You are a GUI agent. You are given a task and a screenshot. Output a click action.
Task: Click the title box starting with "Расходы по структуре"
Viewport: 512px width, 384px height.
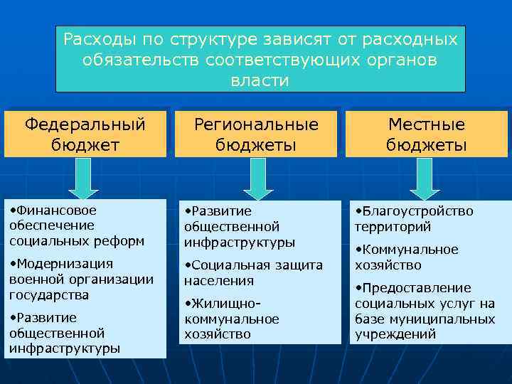[x=260, y=59]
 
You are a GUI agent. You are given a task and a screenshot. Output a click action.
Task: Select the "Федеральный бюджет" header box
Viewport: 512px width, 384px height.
[x=85, y=134]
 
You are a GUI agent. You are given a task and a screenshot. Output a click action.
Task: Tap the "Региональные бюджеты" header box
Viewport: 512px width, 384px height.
[x=257, y=134]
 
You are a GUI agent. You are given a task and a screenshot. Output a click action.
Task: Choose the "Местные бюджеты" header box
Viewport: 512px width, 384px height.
[x=426, y=134]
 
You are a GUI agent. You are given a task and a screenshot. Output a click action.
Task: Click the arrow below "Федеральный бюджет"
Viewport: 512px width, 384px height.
[x=85, y=177]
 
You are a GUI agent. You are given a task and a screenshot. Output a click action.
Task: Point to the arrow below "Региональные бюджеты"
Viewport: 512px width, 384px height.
[x=258, y=177]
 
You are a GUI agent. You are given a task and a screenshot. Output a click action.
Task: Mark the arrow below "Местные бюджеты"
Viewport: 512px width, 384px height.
[x=425, y=177]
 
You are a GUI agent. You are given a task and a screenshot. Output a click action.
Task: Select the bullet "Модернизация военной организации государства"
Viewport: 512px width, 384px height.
[x=81, y=279]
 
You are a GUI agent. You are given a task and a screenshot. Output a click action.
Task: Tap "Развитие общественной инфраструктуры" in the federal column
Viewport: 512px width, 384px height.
[x=64, y=333]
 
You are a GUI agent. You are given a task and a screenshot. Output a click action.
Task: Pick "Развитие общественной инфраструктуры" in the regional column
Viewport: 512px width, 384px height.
[x=239, y=227]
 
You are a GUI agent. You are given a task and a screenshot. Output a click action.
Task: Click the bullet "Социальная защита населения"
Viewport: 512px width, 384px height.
[x=253, y=272]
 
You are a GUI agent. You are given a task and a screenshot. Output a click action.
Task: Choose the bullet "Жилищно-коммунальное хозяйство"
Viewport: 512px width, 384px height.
[x=231, y=319]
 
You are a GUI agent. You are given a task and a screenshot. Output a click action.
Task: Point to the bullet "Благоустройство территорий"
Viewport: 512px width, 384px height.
[x=414, y=219]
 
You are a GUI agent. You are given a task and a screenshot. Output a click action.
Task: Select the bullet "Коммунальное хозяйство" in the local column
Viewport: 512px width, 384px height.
[x=407, y=257]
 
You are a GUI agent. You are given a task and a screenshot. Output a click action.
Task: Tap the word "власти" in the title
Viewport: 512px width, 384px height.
[x=260, y=80]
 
